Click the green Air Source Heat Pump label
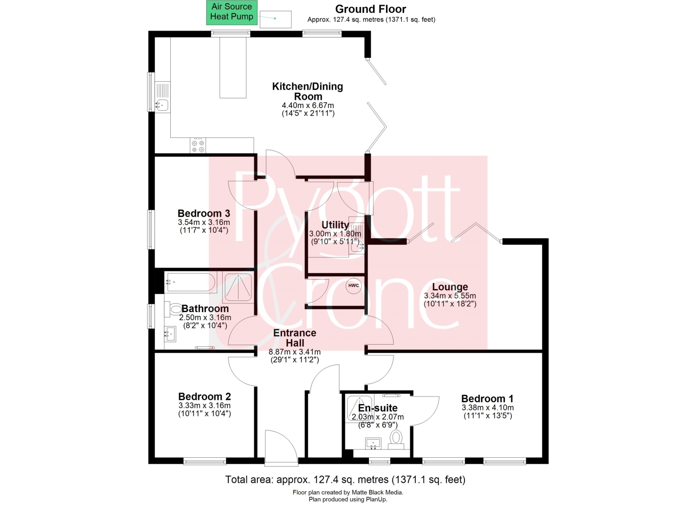tap(232, 13)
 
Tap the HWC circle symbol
tap(354, 286)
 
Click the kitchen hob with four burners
tap(198, 145)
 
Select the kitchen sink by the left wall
tap(162, 97)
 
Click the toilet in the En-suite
tap(396, 439)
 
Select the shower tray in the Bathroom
tap(238, 288)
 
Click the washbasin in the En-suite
tap(373, 443)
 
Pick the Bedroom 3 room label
tap(204, 213)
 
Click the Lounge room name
tap(450, 287)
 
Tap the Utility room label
tap(335, 224)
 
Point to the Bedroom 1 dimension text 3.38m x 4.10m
tap(488, 408)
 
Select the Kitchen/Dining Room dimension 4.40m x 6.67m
tap(308, 105)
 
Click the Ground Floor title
tap(371, 9)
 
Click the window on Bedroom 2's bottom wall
tap(205, 462)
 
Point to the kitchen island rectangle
tap(233, 68)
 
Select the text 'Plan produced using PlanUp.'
tap(348, 499)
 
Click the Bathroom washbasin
tap(170, 334)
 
